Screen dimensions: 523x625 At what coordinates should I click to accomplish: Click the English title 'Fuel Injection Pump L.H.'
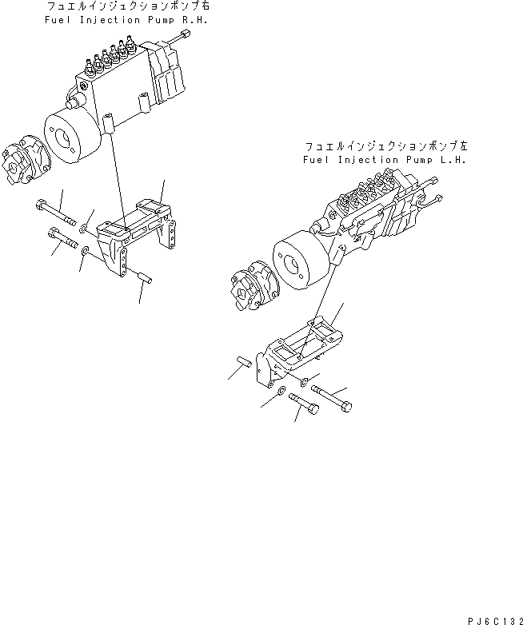point(385,160)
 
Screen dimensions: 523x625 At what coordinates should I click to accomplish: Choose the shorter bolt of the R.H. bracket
point(62,237)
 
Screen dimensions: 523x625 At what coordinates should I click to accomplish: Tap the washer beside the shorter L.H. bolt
point(281,392)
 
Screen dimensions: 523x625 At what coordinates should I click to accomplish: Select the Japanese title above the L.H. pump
point(385,147)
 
